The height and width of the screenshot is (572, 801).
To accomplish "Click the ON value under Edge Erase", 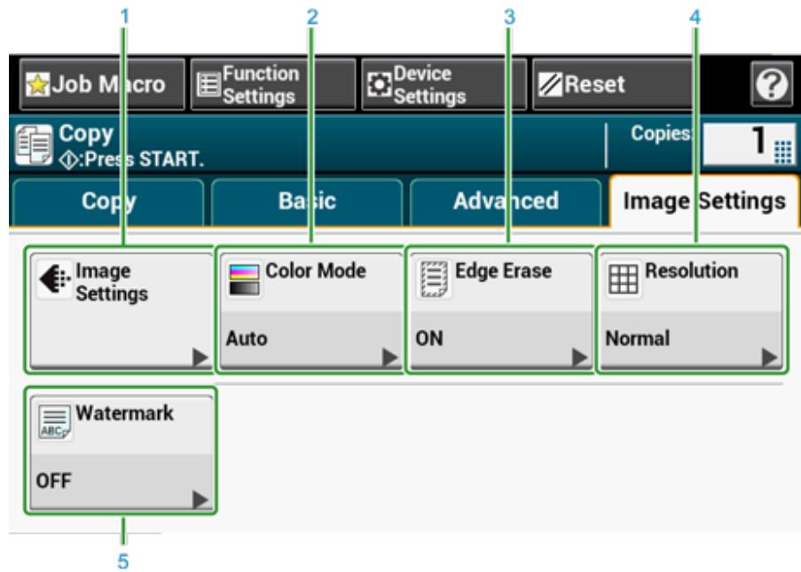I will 425,338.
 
